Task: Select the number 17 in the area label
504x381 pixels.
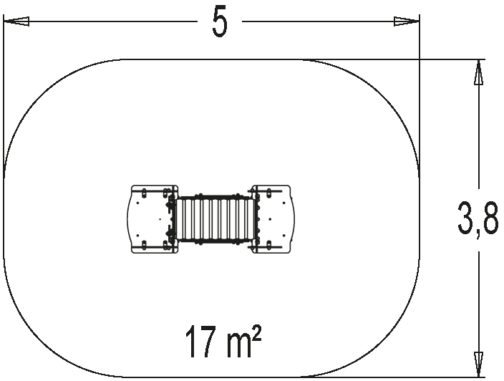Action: [x=200, y=342]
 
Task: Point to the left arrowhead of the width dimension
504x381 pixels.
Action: [x=16, y=21]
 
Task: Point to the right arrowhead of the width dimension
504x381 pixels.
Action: [x=407, y=21]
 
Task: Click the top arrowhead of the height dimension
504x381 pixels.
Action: [x=479, y=72]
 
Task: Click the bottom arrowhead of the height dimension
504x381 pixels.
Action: [x=479, y=365]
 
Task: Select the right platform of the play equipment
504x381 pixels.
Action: [x=273, y=219]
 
